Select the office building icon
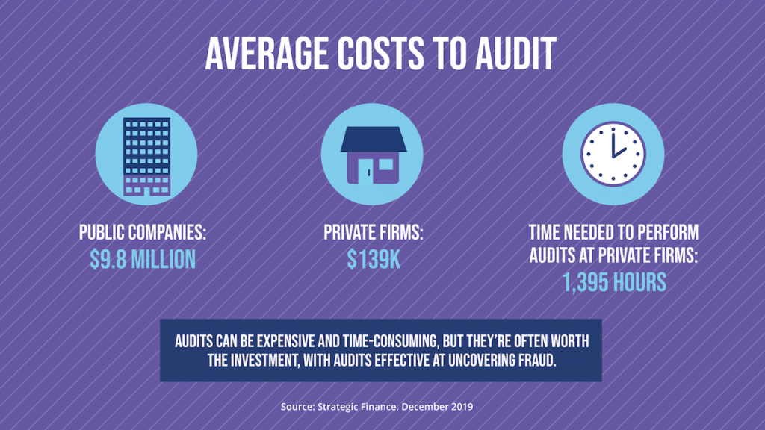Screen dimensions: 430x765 pos(147,155)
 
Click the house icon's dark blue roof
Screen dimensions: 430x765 pos(371,140)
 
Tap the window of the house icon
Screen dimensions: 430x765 pos(385,165)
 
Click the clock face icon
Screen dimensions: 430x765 pos(613,154)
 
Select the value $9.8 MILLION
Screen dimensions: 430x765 pos(143,259)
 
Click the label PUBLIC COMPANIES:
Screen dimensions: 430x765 pos(143,232)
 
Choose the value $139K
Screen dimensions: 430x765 pos(373,259)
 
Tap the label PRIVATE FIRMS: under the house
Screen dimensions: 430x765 pos(373,232)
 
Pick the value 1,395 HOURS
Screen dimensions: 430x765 pos(613,282)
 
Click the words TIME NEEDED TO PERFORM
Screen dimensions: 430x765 pos(613,232)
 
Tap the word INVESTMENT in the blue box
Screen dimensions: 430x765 pos(249,360)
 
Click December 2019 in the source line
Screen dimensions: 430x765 pos(445,407)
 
